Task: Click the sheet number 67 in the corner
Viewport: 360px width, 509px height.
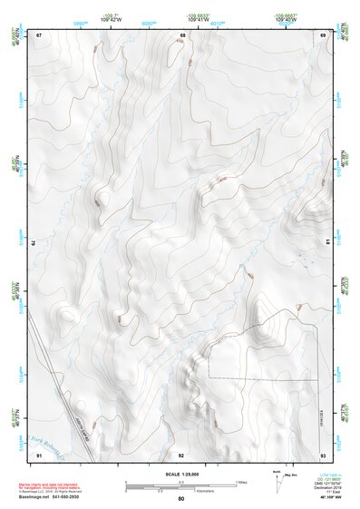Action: (x=39, y=35)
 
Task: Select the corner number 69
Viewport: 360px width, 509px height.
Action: (x=324, y=35)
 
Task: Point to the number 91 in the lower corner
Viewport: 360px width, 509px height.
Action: (x=39, y=454)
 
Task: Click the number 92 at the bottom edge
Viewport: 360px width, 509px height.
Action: (x=181, y=454)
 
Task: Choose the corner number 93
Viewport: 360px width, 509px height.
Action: (x=324, y=454)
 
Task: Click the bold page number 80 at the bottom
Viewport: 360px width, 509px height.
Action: (x=181, y=499)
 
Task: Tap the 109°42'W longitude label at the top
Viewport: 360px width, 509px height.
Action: (x=112, y=19)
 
